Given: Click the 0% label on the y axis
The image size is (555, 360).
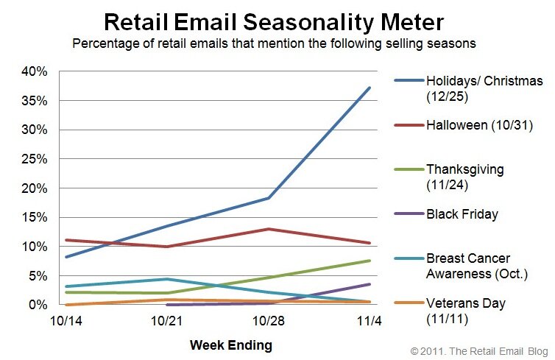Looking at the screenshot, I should pyautogui.click(x=38, y=305).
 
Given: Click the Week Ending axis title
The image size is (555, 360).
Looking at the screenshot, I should pyautogui.click(x=230, y=345).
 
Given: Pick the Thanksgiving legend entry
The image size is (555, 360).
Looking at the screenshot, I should pyautogui.click(x=464, y=176).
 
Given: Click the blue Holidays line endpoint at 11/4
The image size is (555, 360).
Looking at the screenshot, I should pyautogui.click(x=370, y=88).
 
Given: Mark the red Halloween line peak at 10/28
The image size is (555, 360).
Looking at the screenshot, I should pyautogui.click(x=269, y=229).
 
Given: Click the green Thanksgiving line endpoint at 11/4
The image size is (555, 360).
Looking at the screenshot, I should pyautogui.click(x=370, y=261).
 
